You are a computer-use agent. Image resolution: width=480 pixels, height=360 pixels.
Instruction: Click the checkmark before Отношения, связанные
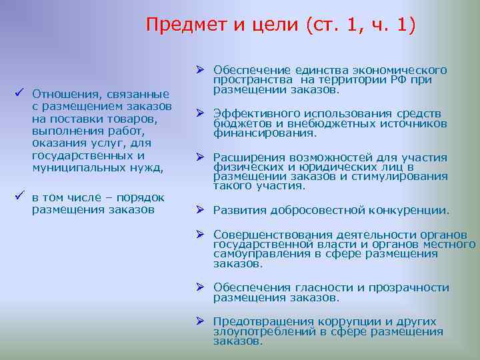[20, 92]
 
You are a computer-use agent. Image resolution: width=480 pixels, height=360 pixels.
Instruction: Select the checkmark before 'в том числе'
[20, 197]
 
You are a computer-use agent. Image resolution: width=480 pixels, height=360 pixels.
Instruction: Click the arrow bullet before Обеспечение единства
[199, 68]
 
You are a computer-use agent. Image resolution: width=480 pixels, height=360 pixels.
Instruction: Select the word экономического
[404, 70]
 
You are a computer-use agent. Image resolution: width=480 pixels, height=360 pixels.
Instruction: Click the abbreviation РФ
[395, 79]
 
